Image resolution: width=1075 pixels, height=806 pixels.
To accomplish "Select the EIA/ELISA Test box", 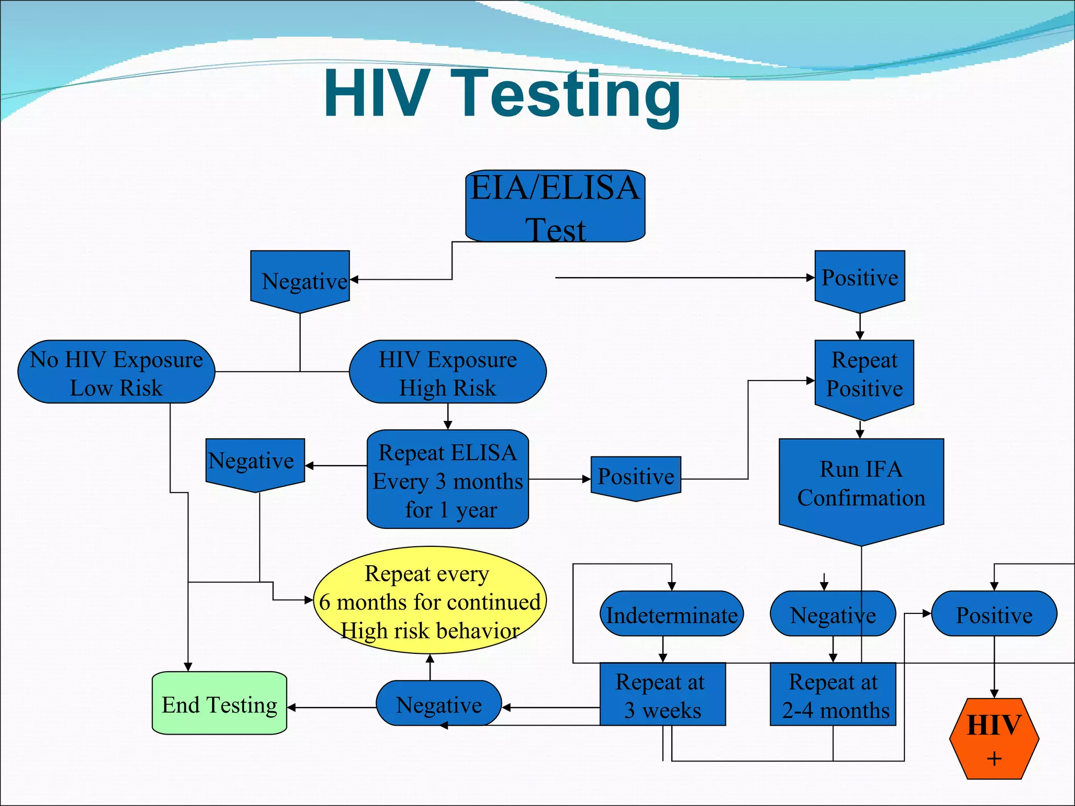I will click(x=555, y=206).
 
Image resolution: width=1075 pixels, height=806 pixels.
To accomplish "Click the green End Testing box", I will click(x=219, y=703).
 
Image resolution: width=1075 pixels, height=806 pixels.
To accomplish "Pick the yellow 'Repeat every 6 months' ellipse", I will click(x=430, y=600).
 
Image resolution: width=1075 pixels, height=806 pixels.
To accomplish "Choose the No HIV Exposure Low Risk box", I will click(x=117, y=372).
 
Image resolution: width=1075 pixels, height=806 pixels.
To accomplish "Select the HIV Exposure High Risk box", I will click(x=448, y=372).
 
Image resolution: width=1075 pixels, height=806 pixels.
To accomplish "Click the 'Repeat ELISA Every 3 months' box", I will click(x=448, y=479).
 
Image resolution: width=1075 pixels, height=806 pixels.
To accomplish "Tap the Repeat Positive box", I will click(x=865, y=376).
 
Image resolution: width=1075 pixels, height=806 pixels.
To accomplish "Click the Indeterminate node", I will click(x=671, y=614).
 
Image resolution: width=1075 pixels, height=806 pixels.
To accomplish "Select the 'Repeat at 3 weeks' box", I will click(x=662, y=694).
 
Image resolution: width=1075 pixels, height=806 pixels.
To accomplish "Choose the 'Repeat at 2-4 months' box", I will click(x=833, y=694).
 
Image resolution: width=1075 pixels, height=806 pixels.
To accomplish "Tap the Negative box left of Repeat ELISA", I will click(x=255, y=462).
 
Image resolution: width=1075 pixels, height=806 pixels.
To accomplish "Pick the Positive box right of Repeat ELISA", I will click(x=636, y=476).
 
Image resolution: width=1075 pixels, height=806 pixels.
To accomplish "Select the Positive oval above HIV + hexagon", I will click(x=994, y=614).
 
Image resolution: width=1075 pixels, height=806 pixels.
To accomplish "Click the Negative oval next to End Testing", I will click(x=439, y=703).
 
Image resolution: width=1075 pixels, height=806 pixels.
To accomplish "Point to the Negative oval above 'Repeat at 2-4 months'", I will click(x=833, y=614).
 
